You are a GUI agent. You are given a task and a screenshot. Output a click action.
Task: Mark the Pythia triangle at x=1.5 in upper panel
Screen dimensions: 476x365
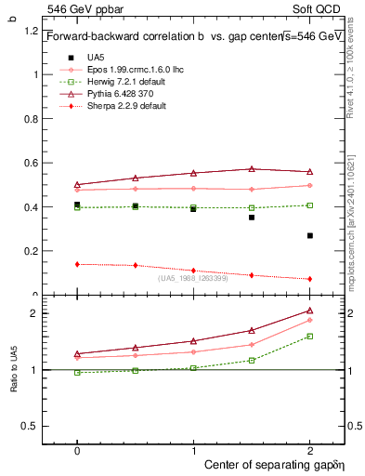[252, 169]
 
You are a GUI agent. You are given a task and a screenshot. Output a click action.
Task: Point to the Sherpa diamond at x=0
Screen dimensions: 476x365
[77, 264]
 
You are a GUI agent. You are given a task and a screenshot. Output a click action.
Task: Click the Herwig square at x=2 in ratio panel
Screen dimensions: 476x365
[310, 336]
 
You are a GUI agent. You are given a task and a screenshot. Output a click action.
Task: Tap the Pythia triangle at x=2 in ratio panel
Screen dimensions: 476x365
[310, 311]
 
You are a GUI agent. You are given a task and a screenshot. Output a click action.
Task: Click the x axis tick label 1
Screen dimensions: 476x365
[193, 448]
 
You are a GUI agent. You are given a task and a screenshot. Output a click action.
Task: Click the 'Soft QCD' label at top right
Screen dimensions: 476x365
[321, 8]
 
